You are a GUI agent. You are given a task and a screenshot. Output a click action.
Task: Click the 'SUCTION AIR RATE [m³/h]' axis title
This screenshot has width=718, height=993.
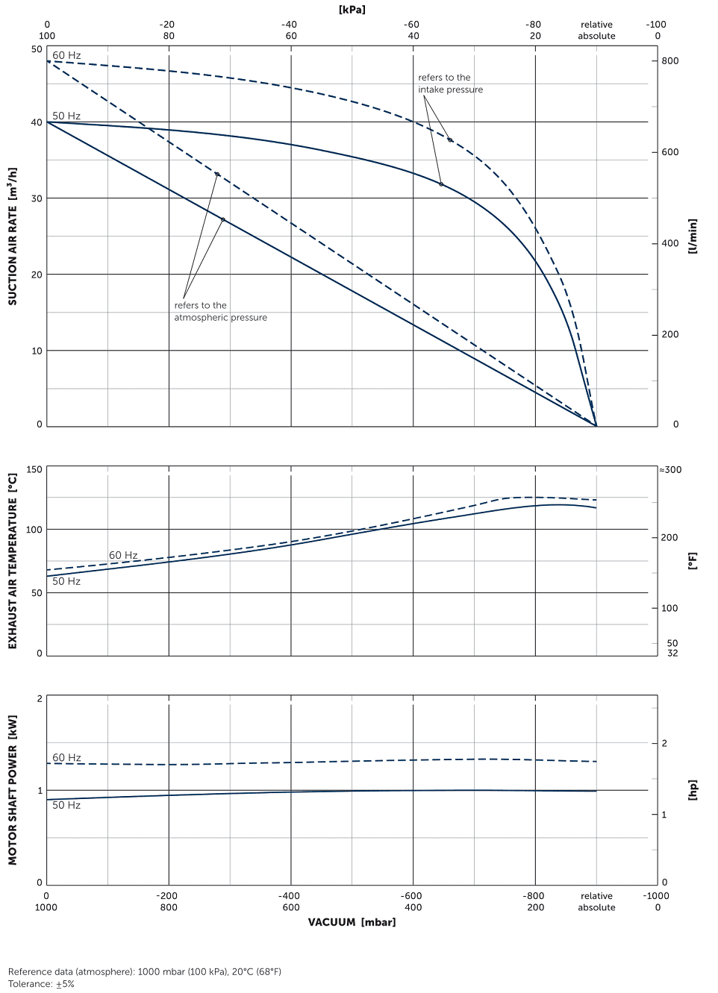tap(12, 236)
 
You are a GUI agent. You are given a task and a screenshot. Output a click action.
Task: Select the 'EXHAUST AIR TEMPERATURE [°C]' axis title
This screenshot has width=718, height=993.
tap(12, 561)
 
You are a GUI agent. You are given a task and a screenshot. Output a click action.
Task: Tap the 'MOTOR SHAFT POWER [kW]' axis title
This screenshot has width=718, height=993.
tap(12, 789)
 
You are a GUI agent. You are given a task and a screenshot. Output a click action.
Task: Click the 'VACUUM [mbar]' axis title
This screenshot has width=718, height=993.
tap(352, 922)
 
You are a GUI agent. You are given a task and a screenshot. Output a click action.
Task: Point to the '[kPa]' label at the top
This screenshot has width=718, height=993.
tap(352, 10)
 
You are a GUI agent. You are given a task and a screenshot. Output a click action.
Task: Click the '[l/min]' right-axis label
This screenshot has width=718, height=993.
tap(693, 236)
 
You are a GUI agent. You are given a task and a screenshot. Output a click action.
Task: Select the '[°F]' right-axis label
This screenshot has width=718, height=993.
tap(693, 561)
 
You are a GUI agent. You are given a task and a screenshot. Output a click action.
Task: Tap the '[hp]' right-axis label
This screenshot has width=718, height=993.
tap(693, 789)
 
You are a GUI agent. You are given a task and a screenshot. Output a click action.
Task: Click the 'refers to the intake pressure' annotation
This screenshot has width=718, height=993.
tap(450, 84)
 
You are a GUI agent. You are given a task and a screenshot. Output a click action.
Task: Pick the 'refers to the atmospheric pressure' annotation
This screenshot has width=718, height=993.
tap(220, 311)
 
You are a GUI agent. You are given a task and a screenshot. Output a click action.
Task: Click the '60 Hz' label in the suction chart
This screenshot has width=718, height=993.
tap(66, 55)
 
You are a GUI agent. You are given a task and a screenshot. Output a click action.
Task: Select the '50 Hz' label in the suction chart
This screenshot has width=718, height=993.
tap(66, 116)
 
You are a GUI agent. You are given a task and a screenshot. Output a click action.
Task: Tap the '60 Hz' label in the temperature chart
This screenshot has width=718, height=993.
tap(123, 555)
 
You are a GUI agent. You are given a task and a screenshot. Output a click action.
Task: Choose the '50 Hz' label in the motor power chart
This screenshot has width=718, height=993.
tap(66, 805)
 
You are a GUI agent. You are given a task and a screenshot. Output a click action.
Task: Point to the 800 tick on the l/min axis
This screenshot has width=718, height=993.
tap(669, 61)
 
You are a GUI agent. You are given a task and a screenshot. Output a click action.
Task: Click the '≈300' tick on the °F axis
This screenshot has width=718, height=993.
tap(670, 470)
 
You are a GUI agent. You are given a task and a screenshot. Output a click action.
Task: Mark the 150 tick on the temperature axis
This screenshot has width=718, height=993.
tap(34, 469)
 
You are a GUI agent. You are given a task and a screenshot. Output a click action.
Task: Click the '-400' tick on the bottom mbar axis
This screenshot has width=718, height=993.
tap(289, 896)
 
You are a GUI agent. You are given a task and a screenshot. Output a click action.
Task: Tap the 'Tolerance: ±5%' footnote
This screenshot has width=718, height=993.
tap(41, 984)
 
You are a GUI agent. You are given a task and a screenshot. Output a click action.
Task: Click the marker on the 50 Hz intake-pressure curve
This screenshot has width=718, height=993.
tap(441, 184)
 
